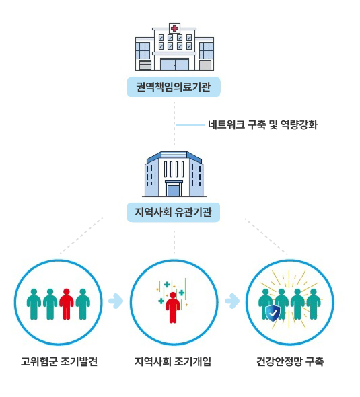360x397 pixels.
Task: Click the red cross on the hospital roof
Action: (174, 28)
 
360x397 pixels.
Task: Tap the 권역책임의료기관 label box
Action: (174, 87)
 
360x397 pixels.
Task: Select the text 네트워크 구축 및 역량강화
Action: (262, 125)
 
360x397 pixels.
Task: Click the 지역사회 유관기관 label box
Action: (174, 212)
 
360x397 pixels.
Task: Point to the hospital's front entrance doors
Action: (175, 65)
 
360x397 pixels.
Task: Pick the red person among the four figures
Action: (67, 304)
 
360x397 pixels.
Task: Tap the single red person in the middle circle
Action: (173, 308)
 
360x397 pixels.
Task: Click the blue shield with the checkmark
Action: (273, 314)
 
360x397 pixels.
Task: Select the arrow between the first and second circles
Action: (116, 301)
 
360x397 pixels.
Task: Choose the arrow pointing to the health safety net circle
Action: (232, 301)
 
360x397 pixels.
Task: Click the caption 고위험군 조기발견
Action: (59, 361)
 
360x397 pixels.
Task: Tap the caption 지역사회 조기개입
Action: (173, 361)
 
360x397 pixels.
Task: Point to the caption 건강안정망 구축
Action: (290, 361)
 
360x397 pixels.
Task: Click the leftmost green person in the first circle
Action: (34, 304)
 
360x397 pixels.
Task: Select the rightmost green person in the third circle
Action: (314, 304)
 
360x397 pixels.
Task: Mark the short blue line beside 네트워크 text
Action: (190, 125)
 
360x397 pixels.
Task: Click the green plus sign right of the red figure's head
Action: (182, 293)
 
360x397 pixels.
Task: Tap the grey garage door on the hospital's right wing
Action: (205, 65)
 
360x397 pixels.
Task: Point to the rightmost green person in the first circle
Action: (83, 304)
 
